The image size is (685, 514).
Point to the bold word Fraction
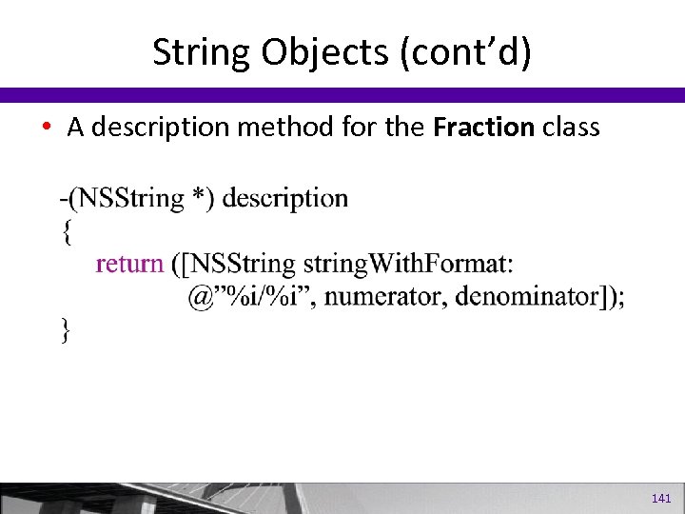(483, 128)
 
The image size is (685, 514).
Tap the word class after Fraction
(571, 128)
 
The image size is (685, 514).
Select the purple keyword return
(129, 263)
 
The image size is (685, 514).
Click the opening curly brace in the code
(66, 230)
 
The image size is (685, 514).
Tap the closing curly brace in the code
(66, 329)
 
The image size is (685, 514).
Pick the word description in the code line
(284, 198)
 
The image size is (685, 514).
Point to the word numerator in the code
(390, 296)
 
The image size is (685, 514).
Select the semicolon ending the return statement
(621, 298)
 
